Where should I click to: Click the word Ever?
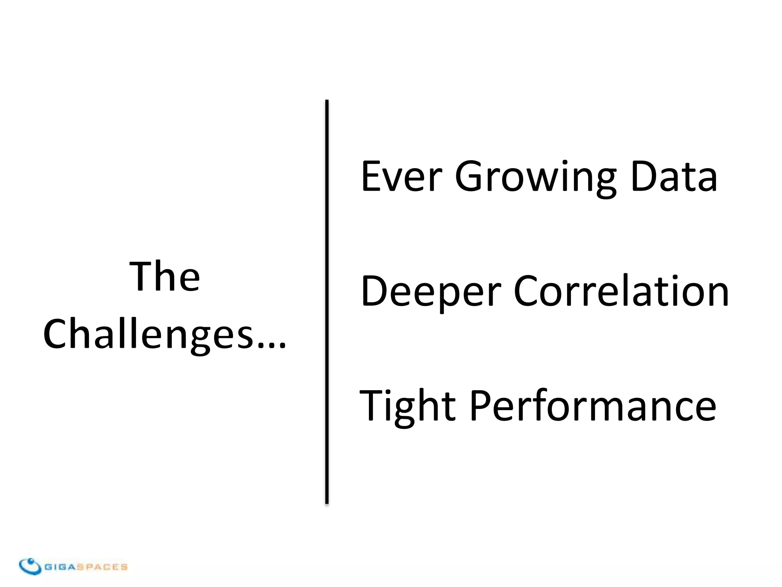click(x=401, y=177)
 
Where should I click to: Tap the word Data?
click(x=674, y=177)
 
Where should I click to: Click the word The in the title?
click(x=165, y=276)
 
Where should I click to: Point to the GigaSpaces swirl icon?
click(x=30, y=566)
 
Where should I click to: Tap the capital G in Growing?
click(x=469, y=177)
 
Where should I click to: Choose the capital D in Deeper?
click(x=374, y=291)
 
